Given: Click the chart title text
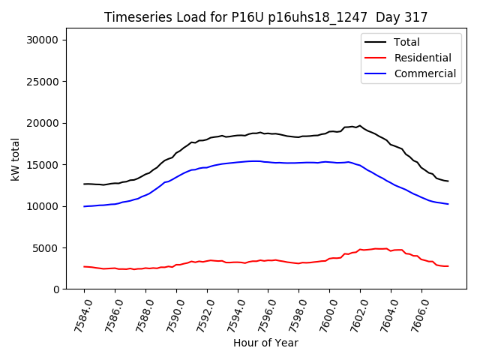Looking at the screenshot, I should click(265, 17).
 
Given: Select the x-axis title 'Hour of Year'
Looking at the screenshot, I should click(265, 343).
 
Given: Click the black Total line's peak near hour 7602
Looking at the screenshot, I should click(360, 125).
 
